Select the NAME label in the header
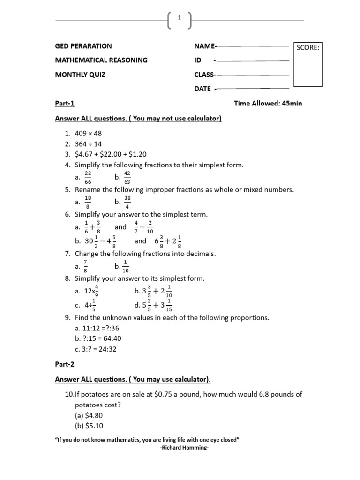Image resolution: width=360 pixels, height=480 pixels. [205, 46]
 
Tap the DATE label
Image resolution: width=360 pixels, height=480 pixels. [203, 89]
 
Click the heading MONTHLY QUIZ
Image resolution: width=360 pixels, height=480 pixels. [81, 75]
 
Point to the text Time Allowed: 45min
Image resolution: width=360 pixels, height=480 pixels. [268, 103]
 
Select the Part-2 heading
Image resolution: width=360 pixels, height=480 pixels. [65, 364]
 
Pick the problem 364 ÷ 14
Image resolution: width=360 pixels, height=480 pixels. [88, 144]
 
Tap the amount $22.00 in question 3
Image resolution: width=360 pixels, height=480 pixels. [115, 154]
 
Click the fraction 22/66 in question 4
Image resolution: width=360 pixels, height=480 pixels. [88, 177]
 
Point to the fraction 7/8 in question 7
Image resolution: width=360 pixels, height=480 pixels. [86, 266]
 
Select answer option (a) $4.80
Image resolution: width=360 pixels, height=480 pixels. [89, 415]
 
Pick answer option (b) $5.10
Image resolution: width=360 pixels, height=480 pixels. [89, 426]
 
